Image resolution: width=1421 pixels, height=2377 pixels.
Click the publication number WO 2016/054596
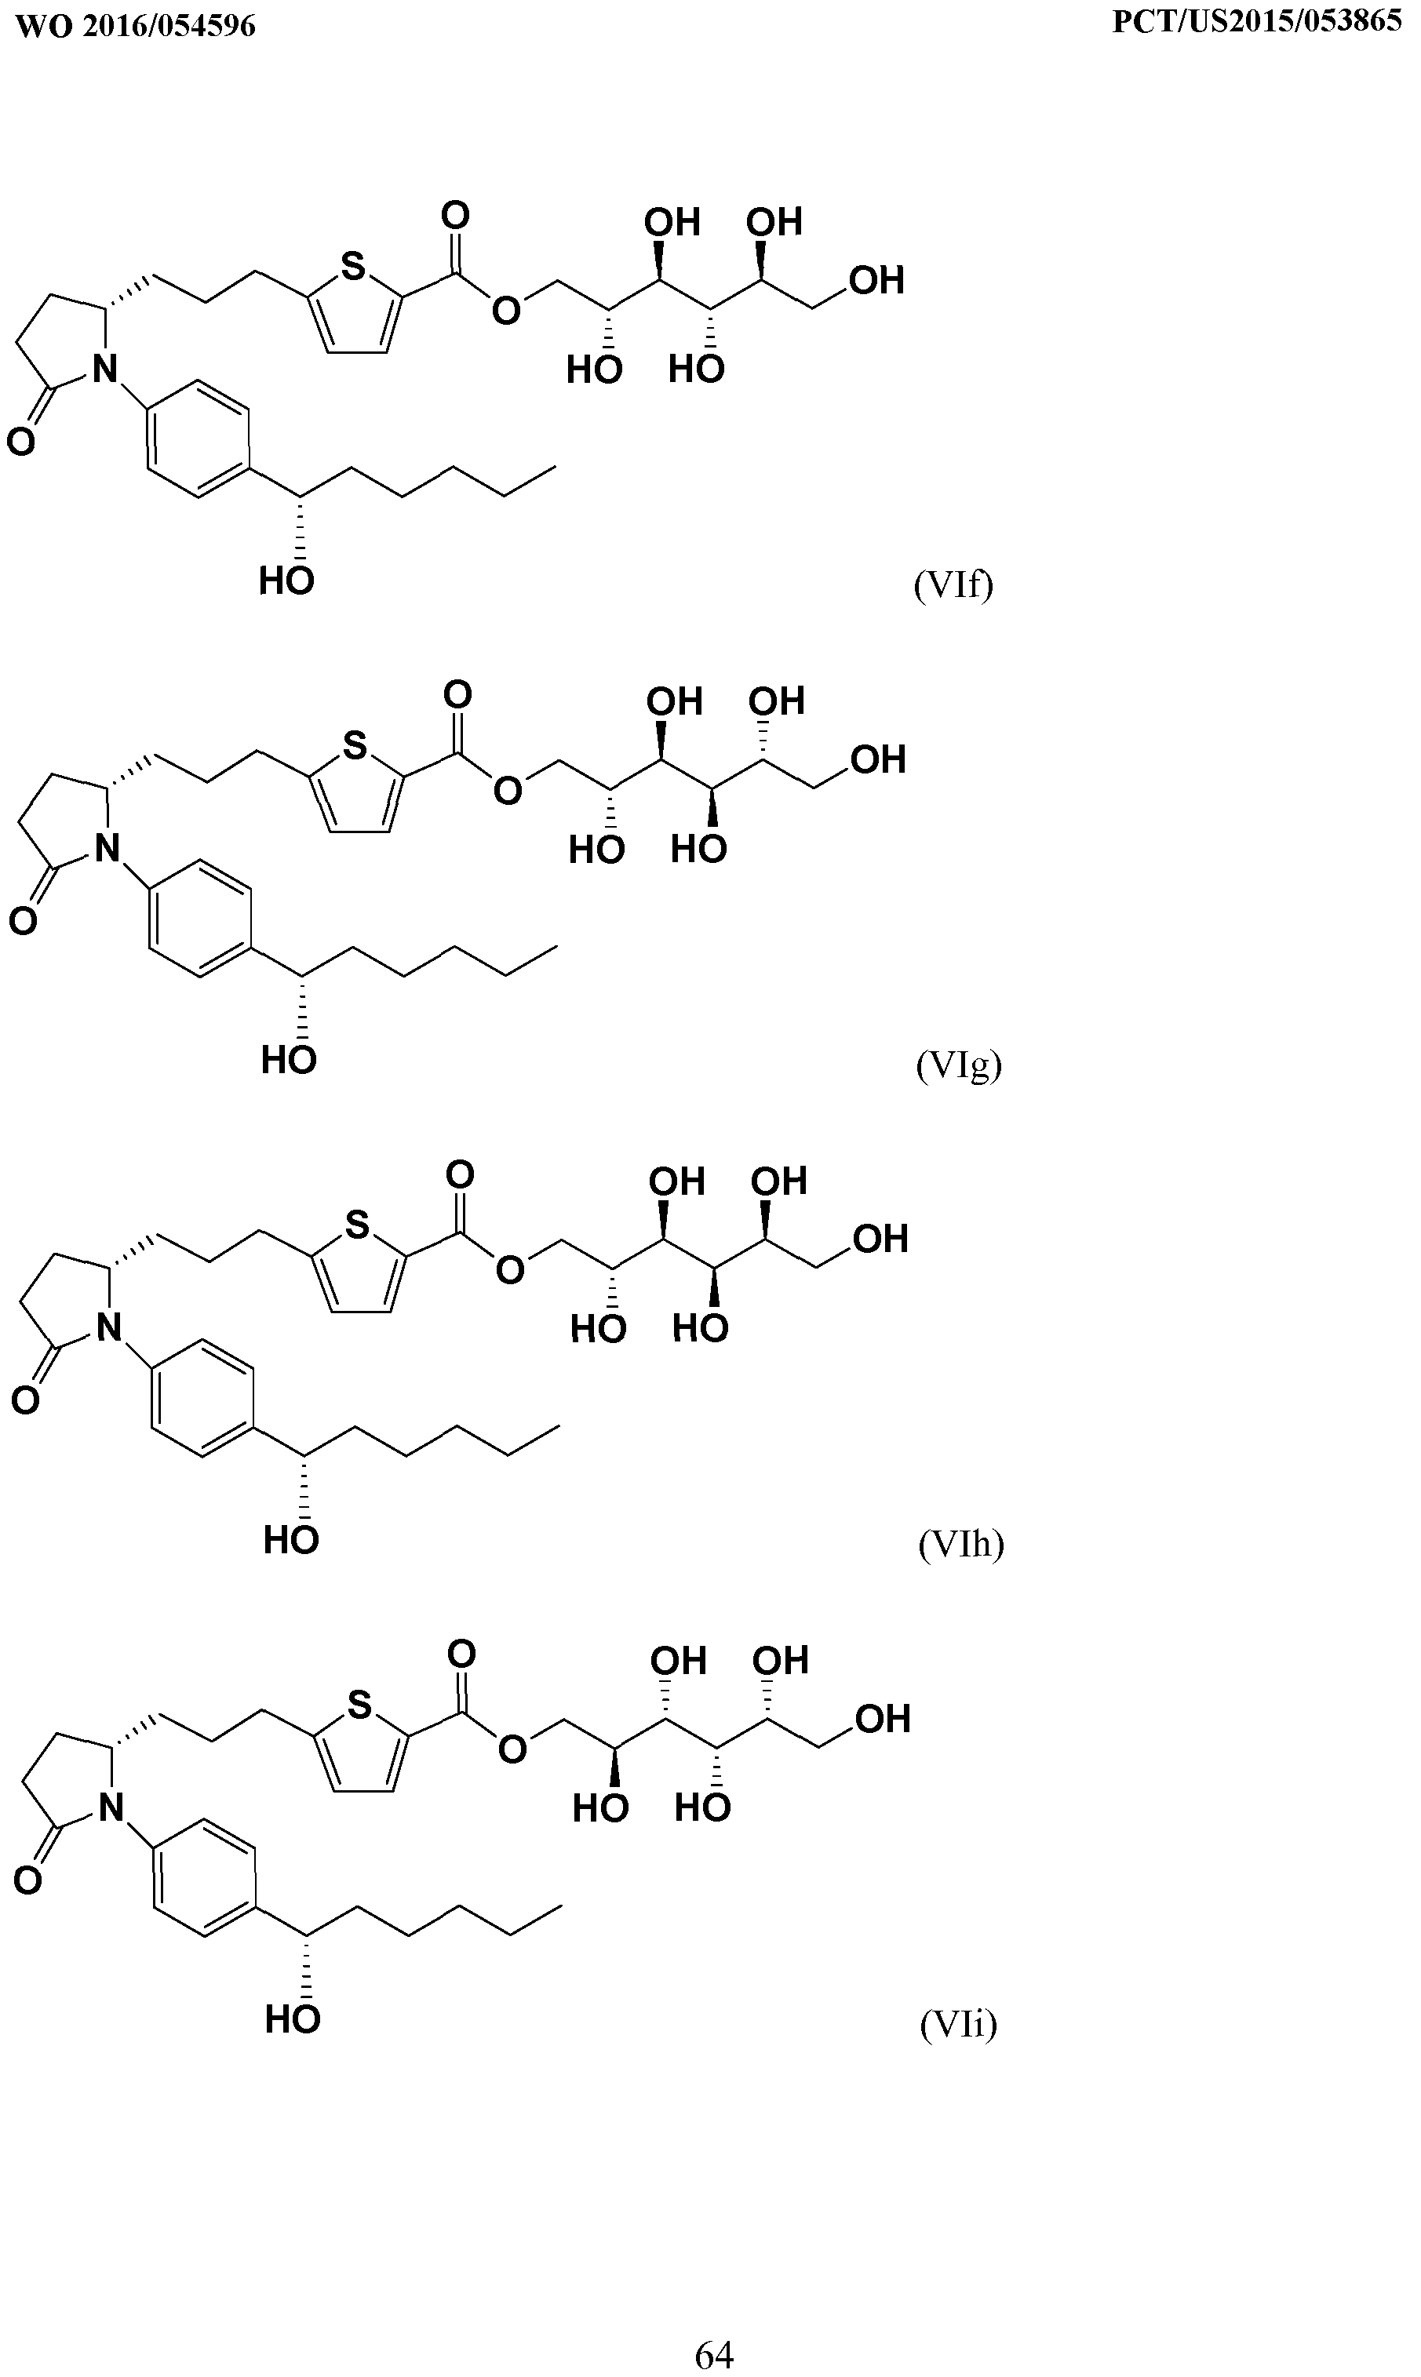tap(136, 25)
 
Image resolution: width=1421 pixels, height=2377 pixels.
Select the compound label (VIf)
tap(953, 583)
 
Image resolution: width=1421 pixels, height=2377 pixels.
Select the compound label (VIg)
tap(959, 1065)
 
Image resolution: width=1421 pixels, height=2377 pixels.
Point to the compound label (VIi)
tap(959, 2024)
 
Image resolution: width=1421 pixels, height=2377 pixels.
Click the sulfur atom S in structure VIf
tap(353, 265)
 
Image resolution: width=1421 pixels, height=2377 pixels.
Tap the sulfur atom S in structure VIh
tap(357, 1225)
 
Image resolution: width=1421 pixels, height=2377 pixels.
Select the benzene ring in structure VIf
tap(199, 439)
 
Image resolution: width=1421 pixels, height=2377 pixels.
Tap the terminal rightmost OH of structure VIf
tap(877, 281)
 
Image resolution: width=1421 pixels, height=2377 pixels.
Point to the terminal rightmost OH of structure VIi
tap(883, 1718)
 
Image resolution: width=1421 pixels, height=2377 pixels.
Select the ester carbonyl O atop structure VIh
tap(460, 1174)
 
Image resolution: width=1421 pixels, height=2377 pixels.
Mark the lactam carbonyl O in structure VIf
tap(20, 442)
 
